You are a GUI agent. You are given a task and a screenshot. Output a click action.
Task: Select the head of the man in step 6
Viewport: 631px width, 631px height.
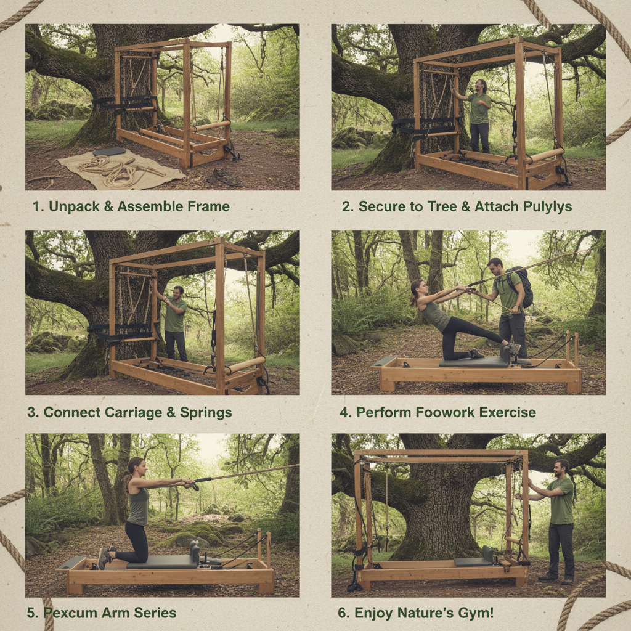561,468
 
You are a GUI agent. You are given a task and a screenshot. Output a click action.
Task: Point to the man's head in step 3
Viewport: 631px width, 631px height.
177,291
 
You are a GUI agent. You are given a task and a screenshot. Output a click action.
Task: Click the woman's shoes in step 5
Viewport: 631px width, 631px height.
104,556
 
